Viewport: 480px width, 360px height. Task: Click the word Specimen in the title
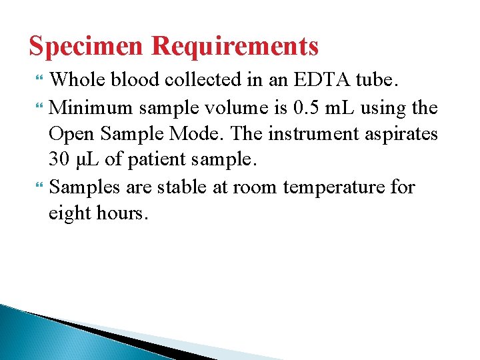[x=87, y=47]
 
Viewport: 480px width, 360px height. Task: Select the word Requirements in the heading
[x=235, y=47]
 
